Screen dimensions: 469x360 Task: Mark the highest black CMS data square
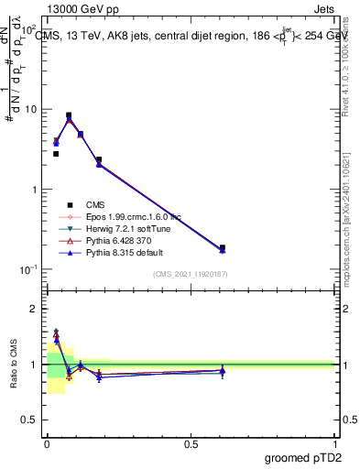[69, 115]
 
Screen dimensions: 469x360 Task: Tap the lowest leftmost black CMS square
[56, 154]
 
